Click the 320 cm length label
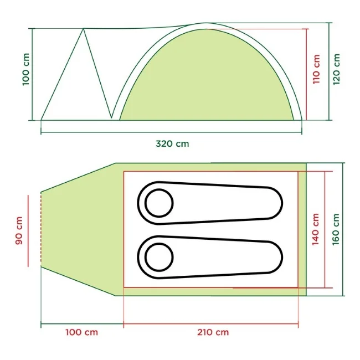(x=172, y=143)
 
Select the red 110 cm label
(x=316, y=69)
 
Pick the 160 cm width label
(x=336, y=229)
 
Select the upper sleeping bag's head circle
(x=159, y=203)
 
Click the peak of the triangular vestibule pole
(x=84, y=28)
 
